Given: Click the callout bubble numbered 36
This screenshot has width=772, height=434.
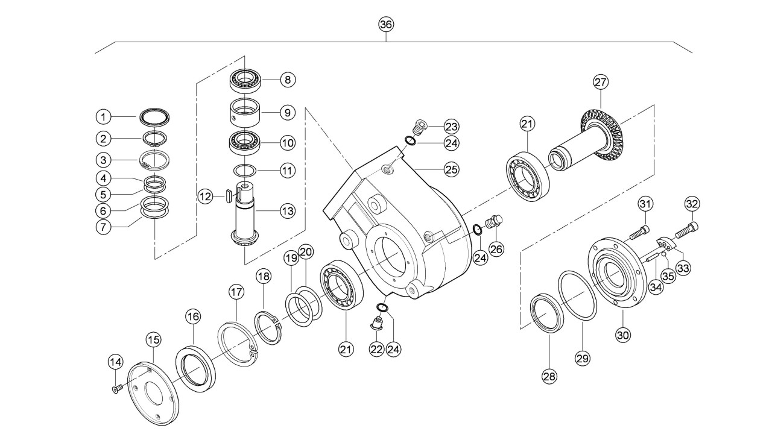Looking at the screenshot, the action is pos(386,25).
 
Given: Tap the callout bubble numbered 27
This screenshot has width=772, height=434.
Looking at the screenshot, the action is pos(600,82).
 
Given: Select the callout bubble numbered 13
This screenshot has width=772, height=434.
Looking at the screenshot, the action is pos(288,211).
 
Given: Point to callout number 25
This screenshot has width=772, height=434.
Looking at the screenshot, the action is pos(452,169).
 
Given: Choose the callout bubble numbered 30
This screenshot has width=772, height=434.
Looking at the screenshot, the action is pos(623,335).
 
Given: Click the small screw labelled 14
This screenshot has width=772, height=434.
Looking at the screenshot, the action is pos(116,389).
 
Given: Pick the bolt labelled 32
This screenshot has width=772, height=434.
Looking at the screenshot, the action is pos(686,230).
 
